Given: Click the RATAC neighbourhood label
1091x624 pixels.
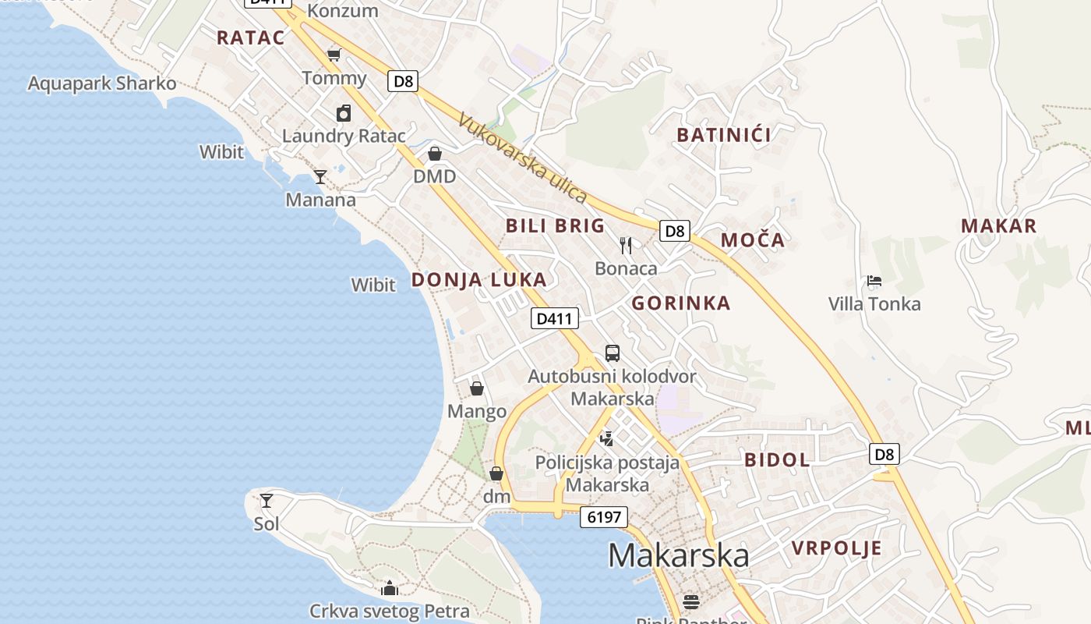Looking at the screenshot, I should [x=250, y=37].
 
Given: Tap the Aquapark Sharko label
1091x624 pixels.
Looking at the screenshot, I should [x=102, y=83].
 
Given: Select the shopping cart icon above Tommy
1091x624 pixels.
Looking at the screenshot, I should [x=334, y=55].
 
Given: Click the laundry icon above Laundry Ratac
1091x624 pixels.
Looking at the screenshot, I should [x=344, y=114].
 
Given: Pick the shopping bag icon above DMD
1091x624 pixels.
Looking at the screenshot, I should [x=435, y=154].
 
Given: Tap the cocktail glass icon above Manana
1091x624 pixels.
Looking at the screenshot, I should [x=320, y=177].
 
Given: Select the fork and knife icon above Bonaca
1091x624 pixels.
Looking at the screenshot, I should [x=626, y=246].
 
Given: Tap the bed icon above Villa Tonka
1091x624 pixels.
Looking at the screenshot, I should [x=874, y=281].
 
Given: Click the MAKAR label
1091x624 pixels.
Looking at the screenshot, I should [x=998, y=226].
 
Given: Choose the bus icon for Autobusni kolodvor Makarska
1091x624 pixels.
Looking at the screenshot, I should [x=613, y=353].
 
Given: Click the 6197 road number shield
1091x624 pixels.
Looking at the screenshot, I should [x=604, y=517].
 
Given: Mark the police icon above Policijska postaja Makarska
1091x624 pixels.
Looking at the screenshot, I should [x=606, y=439].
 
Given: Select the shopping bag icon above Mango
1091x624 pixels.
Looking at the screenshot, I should [x=477, y=388].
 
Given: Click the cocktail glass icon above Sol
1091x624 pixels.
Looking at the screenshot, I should [x=267, y=500].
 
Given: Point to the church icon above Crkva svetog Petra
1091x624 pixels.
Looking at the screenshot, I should [x=389, y=587].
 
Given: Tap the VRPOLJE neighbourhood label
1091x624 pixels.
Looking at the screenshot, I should [x=837, y=548].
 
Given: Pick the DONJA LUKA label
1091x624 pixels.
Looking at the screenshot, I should [x=478, y=280].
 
